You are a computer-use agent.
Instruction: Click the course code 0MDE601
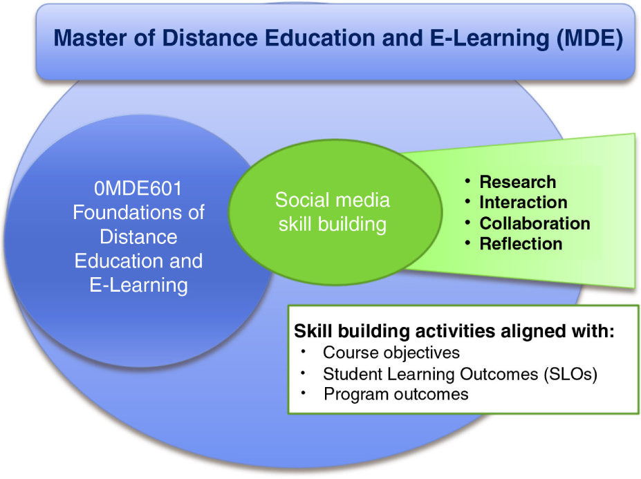138,189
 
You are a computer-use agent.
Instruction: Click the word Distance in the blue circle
138,236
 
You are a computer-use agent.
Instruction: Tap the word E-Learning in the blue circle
138,285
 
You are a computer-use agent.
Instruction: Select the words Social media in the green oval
333,200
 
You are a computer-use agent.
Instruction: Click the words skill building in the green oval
333,225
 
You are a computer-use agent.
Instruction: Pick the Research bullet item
517,182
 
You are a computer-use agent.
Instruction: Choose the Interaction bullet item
523,203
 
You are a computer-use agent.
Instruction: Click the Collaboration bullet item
535,223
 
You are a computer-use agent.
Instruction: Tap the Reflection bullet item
521,244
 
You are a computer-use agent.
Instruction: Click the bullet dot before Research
467,180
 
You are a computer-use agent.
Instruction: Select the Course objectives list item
391,353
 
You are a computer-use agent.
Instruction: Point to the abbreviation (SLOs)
570,374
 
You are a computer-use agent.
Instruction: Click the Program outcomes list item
396,395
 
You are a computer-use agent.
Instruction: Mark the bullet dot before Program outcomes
304,393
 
